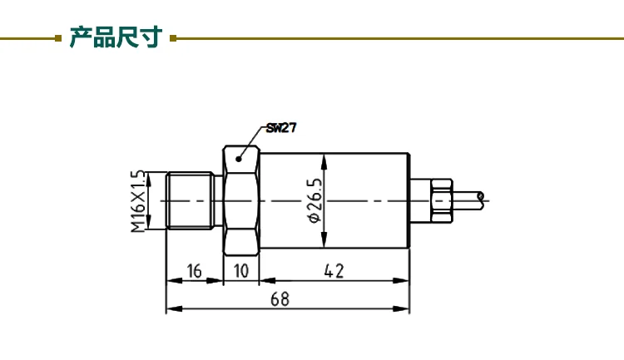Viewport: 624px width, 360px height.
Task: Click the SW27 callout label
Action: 281,128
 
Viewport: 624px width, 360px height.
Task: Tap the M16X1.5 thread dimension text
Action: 138,201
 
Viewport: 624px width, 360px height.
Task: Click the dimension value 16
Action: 194,271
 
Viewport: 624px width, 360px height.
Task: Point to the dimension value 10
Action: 240,271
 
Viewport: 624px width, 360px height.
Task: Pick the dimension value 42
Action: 334,271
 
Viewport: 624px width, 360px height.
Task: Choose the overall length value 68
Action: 280,299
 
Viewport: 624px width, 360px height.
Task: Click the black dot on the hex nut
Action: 239,159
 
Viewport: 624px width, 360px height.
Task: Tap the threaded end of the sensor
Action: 190,200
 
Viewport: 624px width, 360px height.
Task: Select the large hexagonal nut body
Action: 240,200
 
